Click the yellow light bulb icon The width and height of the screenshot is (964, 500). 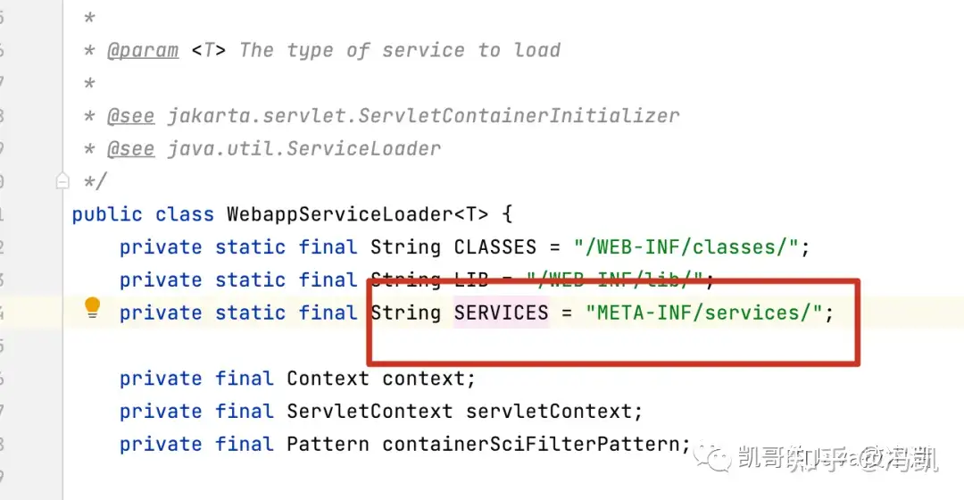pyautogui.click(x=92, y=309)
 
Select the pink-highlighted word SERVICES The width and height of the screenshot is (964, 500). pyautogui.click(x=501, y=312)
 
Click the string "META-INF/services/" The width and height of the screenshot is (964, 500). pyautogui.click(x=702, y=312)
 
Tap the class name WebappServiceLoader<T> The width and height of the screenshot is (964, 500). pyautogui.click(x=358, y=214)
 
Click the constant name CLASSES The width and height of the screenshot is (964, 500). pyautogui.click(x=495, y=247)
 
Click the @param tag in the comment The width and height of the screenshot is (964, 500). pyautogui.click(x=143, y=50)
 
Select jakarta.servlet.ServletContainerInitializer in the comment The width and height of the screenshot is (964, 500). pyautogui.click(x=423, y=116)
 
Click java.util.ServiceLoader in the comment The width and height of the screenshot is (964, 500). pyautogui.click(x=303, y=148)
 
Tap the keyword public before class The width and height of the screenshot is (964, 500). pyautogui.click(x=107, y=214)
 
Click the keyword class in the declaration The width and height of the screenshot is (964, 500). pyautogui.click(x=185, y=214)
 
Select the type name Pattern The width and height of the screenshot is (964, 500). pyautogui.click(x=328, y=444)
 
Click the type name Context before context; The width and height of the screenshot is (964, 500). pyautogui.click(x=328, y=379)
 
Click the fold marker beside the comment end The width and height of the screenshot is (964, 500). pyautogui.click(x=62, y=181)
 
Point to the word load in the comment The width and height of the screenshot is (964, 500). pyautogui.click(x=537, y=50)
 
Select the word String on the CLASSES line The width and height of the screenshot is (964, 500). pyautogui.click(x=405, y=247)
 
